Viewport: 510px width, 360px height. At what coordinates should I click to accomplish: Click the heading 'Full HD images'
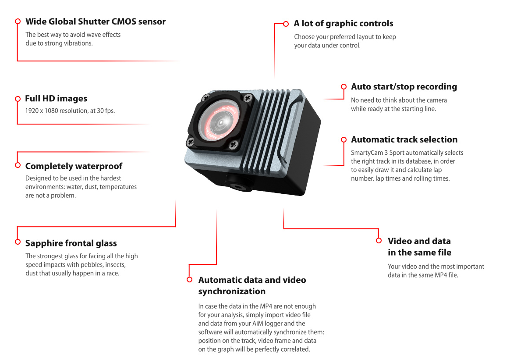[56, 99]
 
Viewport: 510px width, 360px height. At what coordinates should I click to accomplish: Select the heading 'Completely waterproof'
[74, 166]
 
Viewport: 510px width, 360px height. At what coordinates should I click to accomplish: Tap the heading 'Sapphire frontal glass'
[71, 243]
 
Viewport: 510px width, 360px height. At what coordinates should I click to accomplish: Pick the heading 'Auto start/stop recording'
[404, 87]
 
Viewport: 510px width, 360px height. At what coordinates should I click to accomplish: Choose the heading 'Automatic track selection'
[404, 140]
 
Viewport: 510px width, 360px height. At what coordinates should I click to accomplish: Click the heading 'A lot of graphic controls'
[344, 24]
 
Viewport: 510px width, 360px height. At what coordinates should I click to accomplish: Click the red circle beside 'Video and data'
[379, 241]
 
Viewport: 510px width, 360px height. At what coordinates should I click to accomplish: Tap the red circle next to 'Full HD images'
[18, 99]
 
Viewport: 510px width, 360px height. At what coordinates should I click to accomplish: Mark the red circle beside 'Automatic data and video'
[189, 279]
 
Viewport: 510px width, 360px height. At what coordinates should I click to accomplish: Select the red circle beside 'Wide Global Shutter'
[18, 21]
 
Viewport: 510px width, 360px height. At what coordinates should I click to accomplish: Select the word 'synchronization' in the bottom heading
[232, 292]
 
